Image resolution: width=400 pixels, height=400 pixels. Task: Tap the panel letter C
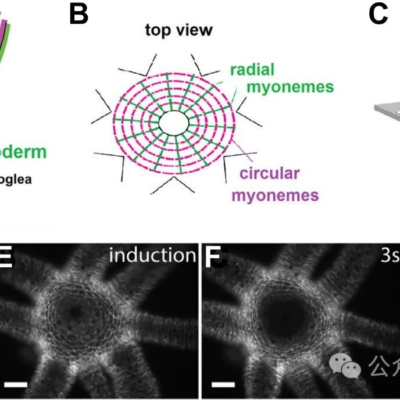(x=378, y=15)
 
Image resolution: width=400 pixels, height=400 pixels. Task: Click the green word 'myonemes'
(x=291, y=87)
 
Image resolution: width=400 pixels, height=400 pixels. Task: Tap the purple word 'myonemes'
(x=276, y=195)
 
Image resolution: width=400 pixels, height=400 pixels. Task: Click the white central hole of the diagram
(x=174, y=123)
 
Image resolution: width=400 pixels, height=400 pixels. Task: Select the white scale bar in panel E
(x=17, y=384)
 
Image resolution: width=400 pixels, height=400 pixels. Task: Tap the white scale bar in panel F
(x=223, y=384)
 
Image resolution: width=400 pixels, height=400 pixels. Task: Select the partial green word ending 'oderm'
(x=23, y=152)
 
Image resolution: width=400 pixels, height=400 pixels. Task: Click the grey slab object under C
(x=385, y=109)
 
